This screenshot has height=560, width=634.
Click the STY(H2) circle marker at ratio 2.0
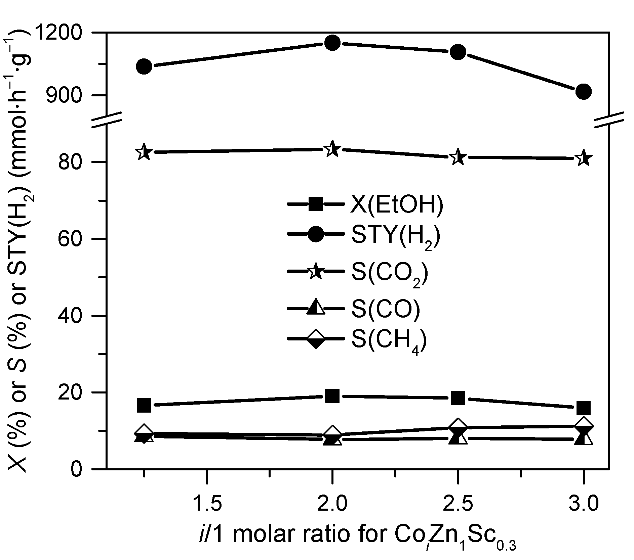click(x=332, y=43)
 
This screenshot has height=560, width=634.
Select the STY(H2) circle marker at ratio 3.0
click(x=584, y=92)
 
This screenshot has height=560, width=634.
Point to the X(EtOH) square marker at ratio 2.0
click(x=332, y=396)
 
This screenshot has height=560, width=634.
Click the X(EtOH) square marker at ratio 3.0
click(x=584, y=408)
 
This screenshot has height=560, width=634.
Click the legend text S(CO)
click(x=386, y=309)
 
